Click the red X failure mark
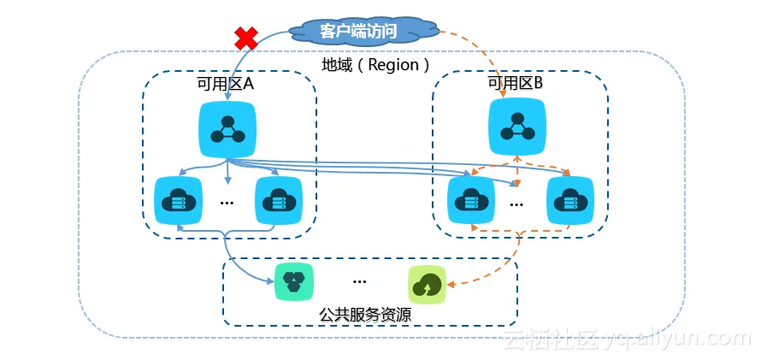tap(246, 38)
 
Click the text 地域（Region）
tap(376, 65)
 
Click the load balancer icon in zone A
tap(227, 128)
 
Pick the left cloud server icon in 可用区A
tap(177, 201)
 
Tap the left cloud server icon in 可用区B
tap(469, 201)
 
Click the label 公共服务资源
tap(365, 315)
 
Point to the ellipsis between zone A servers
tap(227, 204)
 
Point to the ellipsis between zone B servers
tap(517, 204)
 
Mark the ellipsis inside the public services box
tap(359, 280)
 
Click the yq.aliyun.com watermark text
tap(624, 339)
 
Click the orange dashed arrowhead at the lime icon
tap(454, 285)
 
